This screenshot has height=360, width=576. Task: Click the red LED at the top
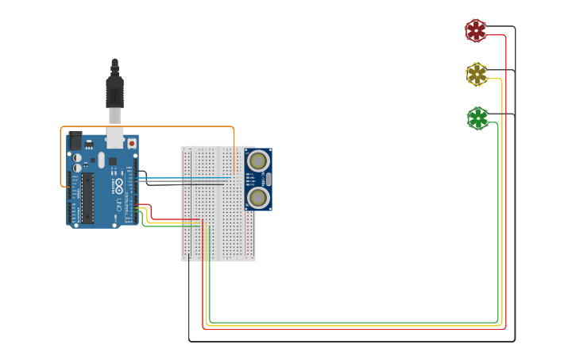pyautogui.click(x=475, y=30)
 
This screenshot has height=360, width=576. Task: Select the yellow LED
pyautogui.click(x=476, y=74)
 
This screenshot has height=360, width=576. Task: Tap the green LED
pyautogui.click(x=477, y=118)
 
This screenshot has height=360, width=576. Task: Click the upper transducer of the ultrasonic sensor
pyautogui.click(x=257, y=161)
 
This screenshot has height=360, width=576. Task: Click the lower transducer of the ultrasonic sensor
pyautogui.click(x=257, y=196)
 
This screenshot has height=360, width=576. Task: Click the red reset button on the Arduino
pyautogui.click(x=131, y=144)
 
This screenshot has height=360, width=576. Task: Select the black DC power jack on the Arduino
pyautogui.click(x=75, y=141)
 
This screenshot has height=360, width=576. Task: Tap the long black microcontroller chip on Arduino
pyautogui.click(x=87, y=197)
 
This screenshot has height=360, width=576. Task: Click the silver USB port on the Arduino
pyautogui.click(x=115, y=137)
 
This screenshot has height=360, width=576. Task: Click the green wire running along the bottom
pyautogui.click(x=350, y=323)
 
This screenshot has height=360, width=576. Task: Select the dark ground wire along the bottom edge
pyautogui.click(x=350, y=341)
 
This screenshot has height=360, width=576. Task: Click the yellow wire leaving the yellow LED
pyautogui.click(x=501, y=199)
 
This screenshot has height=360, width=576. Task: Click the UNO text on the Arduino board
pyautogui.click(x=120, y=206)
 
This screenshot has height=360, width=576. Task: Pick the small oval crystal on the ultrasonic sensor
pyautogui.click(x=269, y=179)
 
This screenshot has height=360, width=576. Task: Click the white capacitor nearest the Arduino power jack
pyautogui.click(x=77, y=158)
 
